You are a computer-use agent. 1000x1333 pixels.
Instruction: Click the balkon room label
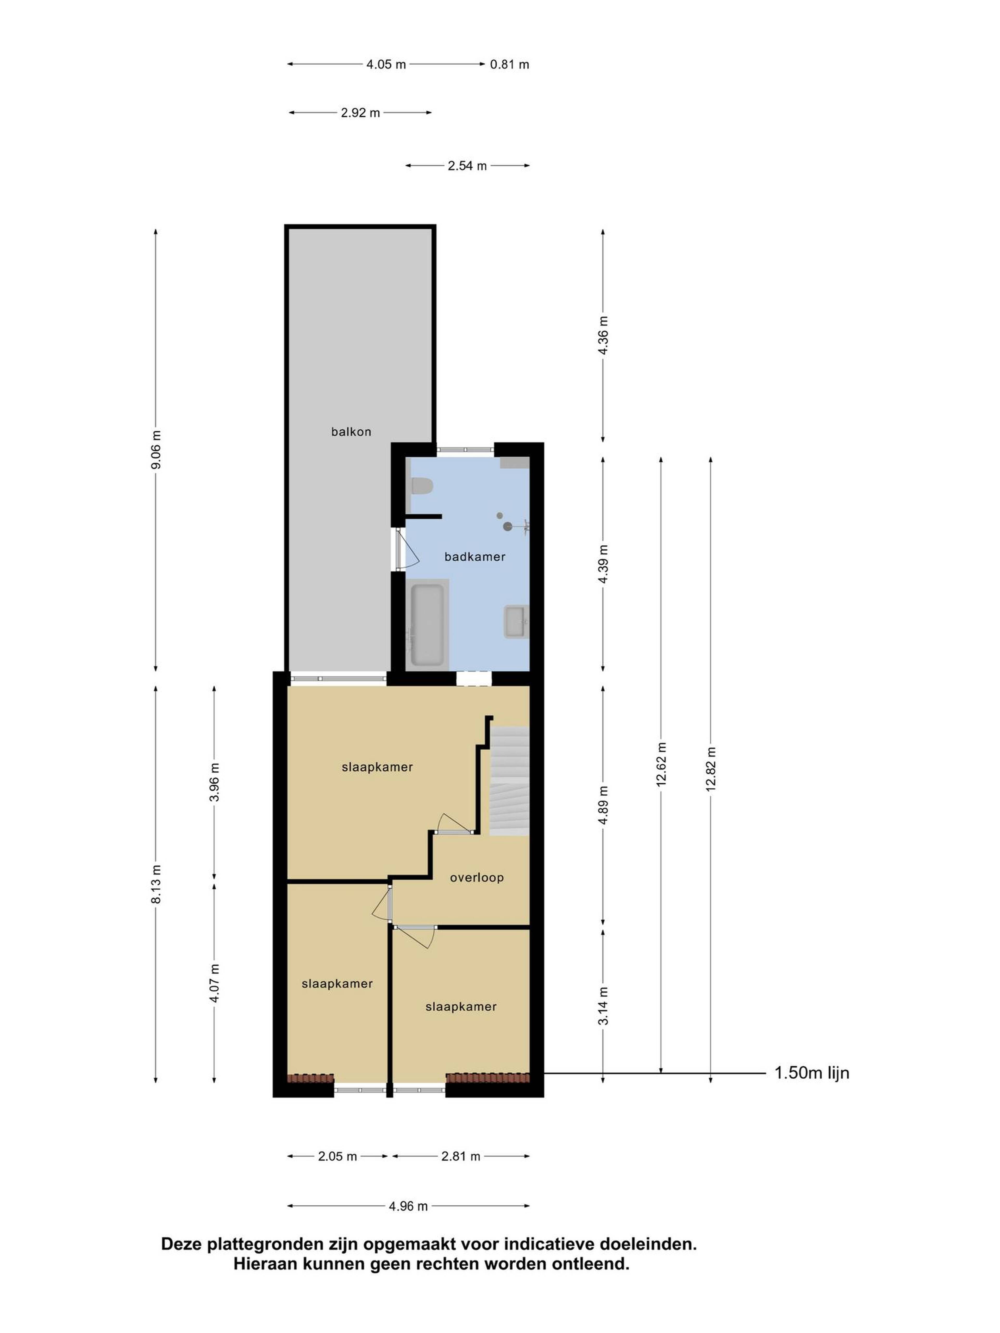tap(351, 431)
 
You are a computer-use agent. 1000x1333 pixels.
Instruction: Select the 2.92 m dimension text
tap(360, 113)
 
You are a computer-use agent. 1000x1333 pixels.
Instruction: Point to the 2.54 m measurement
tap(467, 166)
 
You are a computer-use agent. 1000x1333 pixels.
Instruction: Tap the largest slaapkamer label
tap(377, 767)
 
